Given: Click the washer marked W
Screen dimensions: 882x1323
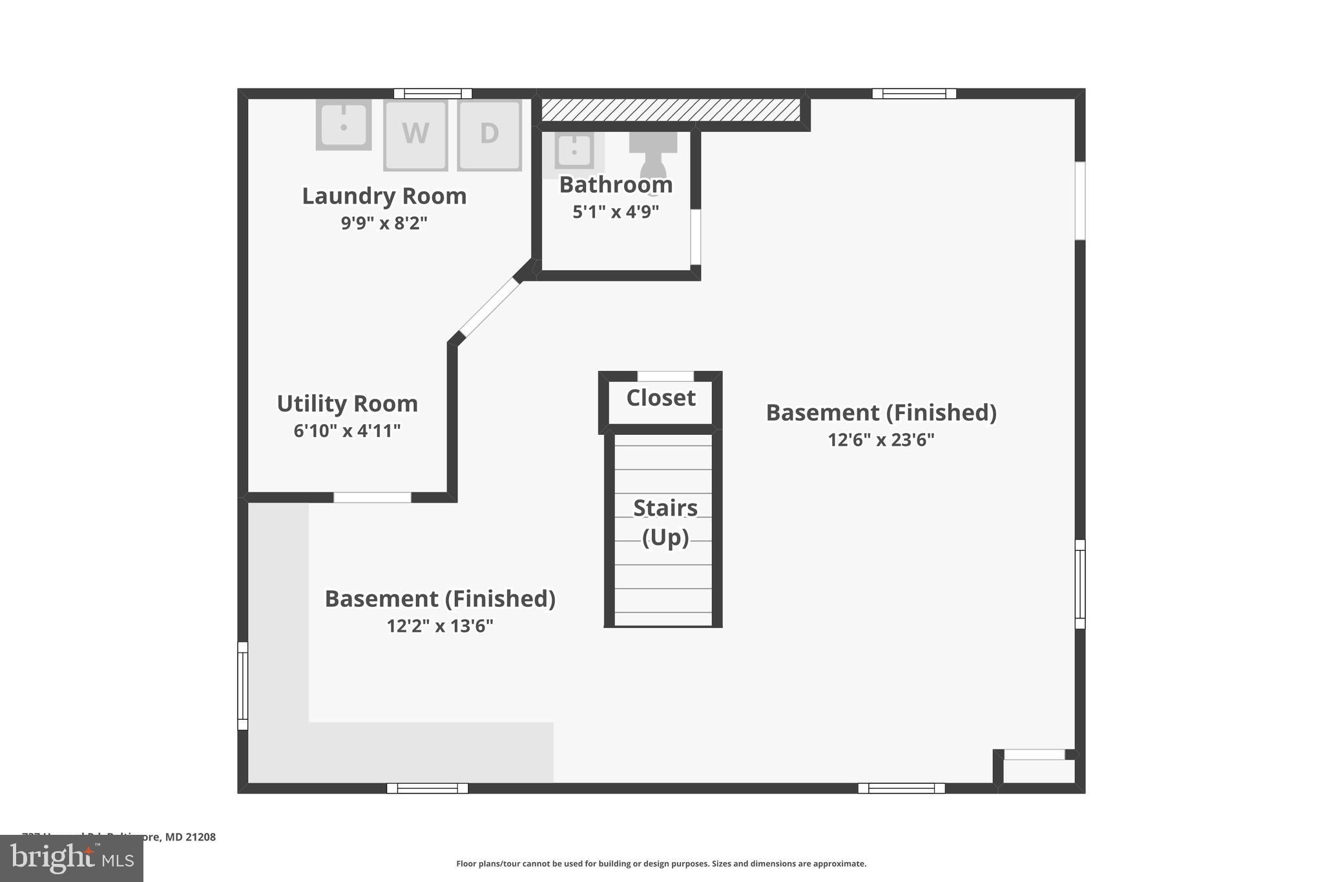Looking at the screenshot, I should click(x=415, y=135).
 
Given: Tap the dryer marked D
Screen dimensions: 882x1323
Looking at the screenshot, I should click(x=489, y=135).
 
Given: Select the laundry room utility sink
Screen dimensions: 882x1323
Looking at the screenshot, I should click(x=344, y=124).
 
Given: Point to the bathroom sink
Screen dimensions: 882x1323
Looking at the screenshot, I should click(x=574, y=151).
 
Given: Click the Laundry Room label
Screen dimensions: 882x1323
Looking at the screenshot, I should click(x=384, y=196).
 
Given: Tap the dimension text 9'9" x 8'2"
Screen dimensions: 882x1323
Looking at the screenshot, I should click(x=384, y=223).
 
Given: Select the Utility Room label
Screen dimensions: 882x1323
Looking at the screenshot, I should click(x=348, y=403).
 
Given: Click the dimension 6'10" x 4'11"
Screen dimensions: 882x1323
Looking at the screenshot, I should click(x=348, y=430).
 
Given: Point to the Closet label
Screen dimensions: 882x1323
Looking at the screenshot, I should click(x=661, y=397).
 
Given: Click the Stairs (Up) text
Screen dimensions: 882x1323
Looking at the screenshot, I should click(x=665, y=522).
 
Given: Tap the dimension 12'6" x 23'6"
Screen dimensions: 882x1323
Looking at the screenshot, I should click(x=881, y=439).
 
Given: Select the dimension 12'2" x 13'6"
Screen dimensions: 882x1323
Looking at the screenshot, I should click(x=440, y=625).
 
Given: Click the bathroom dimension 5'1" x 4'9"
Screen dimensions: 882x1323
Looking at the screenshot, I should click(x=616, y=211).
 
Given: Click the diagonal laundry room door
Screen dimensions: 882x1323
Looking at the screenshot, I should click(x=489, y=308).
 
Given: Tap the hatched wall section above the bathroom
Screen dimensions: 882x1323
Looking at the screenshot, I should click(x=671, y=110).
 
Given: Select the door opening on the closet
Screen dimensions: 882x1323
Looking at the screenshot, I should click(x=665, y=376).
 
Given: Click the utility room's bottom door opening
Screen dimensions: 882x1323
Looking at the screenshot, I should click(x=372, y=497).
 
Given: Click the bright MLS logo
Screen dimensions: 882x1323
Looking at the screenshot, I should click(x=72, y=859).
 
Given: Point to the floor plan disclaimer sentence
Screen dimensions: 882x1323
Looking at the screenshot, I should click(x=661, y=863).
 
